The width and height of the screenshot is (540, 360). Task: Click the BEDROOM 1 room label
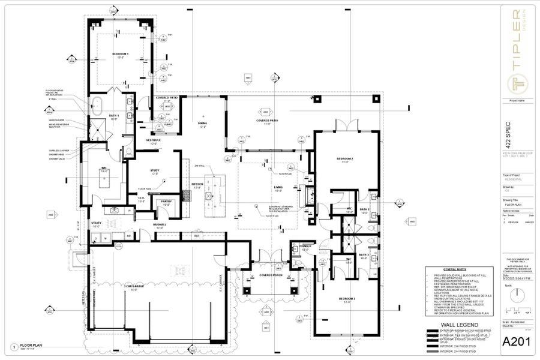point(120,54)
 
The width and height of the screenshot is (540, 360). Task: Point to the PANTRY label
point(166,202)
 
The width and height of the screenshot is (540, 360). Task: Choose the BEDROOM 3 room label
point(347,298)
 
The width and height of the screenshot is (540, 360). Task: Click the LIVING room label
point(278,187)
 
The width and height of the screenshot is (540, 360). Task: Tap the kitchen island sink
point(209,195)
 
